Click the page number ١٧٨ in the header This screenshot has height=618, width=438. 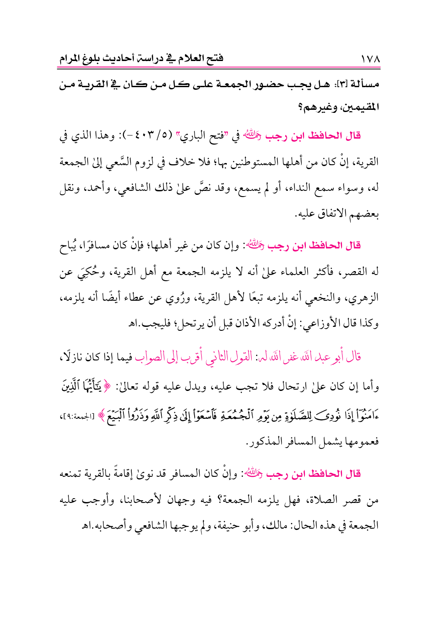370,58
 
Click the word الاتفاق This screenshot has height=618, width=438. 330,214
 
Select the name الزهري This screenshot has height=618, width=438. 365,299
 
